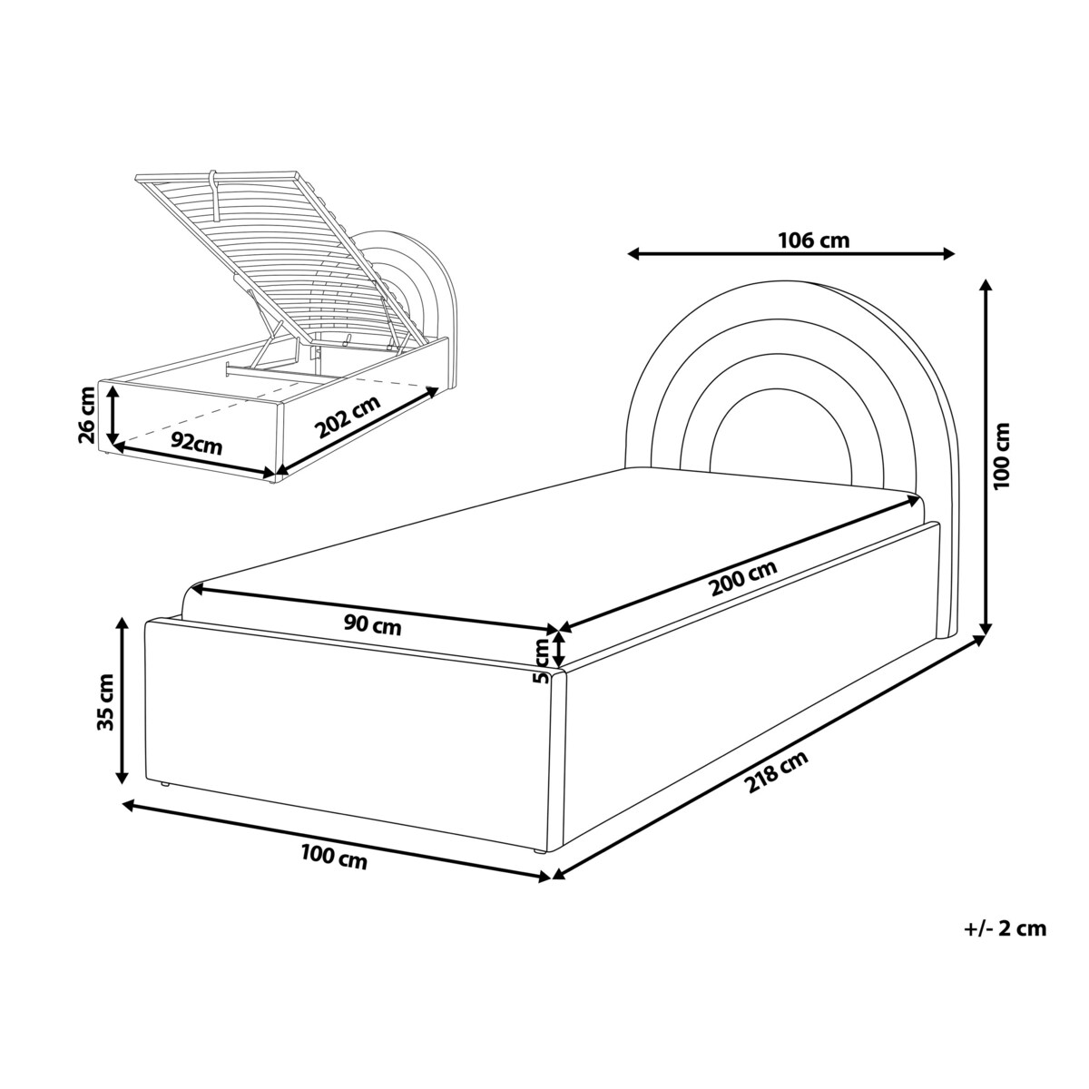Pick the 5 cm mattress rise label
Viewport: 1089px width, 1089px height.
[x=542, y=661]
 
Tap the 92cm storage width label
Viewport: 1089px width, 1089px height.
[x=197, y=445]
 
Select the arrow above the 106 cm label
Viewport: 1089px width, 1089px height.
[x=791, y=254]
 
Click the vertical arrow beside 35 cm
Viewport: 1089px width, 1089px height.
[x=122, y=701]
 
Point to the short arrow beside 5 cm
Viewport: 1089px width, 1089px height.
[x=559, y=648]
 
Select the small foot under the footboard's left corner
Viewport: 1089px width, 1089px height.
[x=164, y=785]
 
